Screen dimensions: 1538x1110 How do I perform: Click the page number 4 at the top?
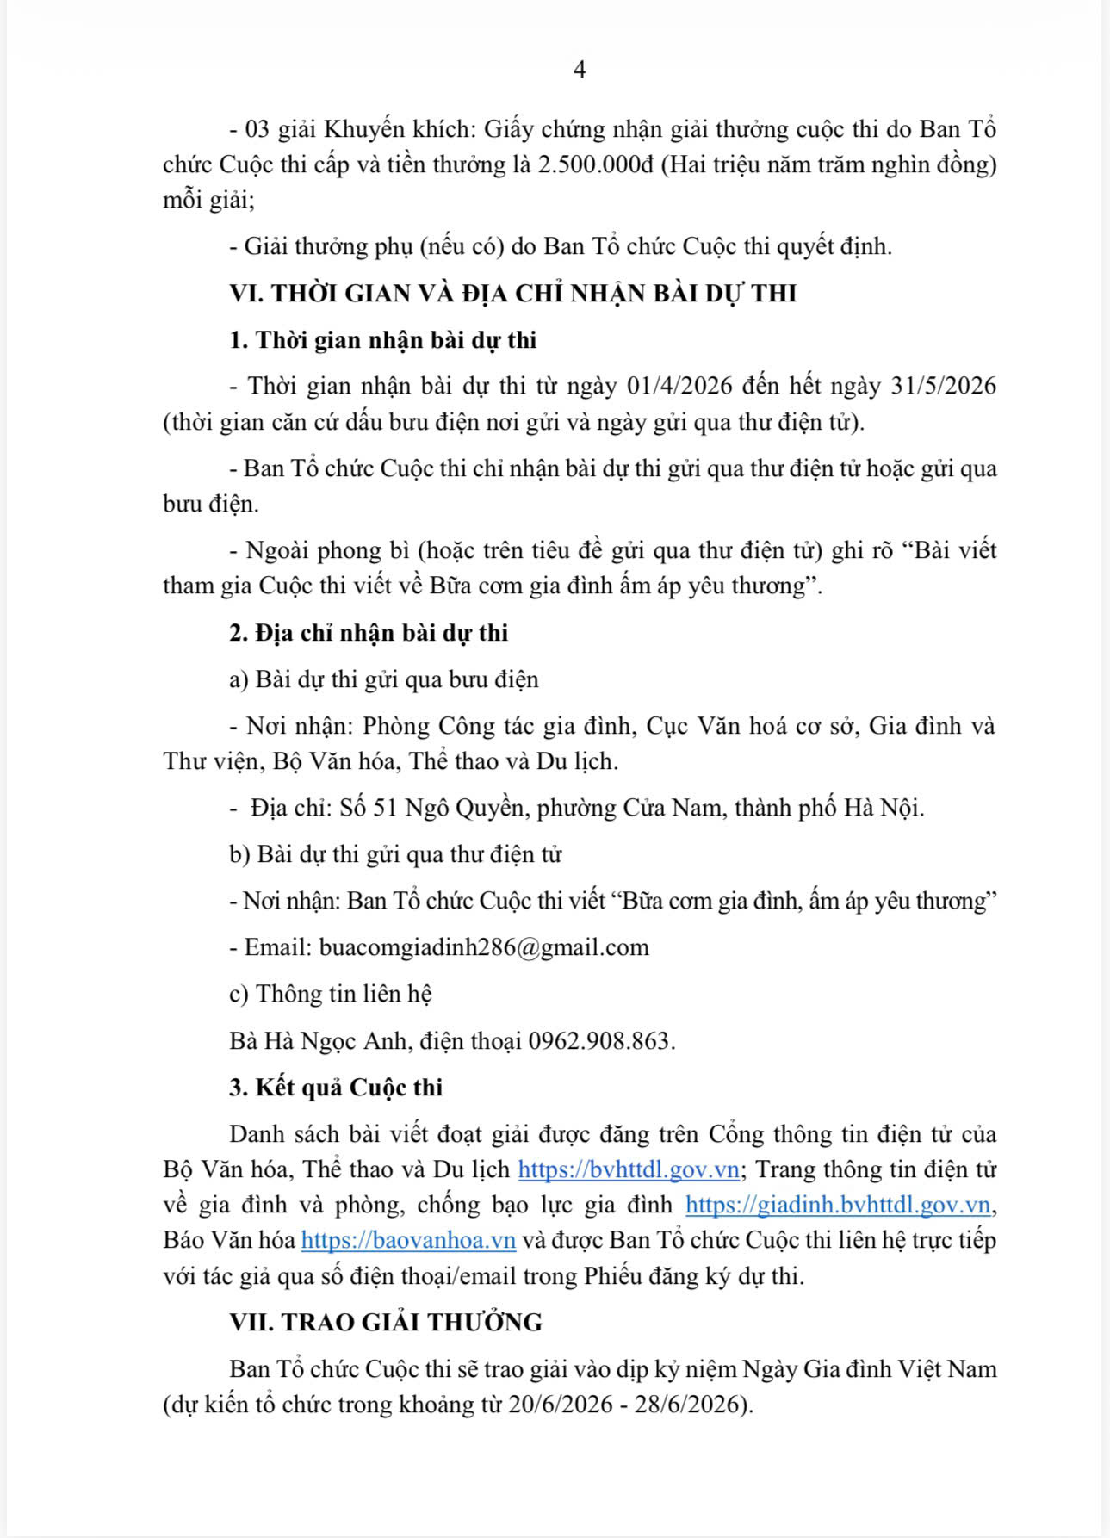(x=579, y=70)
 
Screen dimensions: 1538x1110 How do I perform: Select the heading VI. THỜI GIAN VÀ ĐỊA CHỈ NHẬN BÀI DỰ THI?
(x=513, y=294)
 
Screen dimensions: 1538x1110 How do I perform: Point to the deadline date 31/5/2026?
(x=944, y=386)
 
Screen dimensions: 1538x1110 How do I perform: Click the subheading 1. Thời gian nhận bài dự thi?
(x=383, y=340)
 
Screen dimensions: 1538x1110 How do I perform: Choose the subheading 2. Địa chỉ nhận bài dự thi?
(x=369, y=633)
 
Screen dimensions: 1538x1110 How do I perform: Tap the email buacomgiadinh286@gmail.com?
(x=484, y=948)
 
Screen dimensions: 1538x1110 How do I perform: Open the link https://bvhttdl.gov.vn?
(x=628, y=1170)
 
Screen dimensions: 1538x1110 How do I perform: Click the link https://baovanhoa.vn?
(x=408, y=1241)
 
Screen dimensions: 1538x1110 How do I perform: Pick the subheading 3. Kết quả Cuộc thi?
(x=336, y=1088)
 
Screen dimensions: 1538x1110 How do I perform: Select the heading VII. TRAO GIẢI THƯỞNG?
(x=386, y=1323)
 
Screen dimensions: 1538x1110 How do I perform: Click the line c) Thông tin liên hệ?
(x=331, y=995)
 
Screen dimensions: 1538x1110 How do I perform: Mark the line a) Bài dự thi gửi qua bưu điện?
(x=384, y=680)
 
